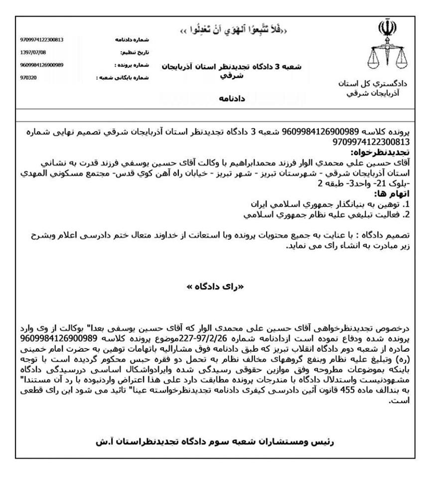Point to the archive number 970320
point(28,78)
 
